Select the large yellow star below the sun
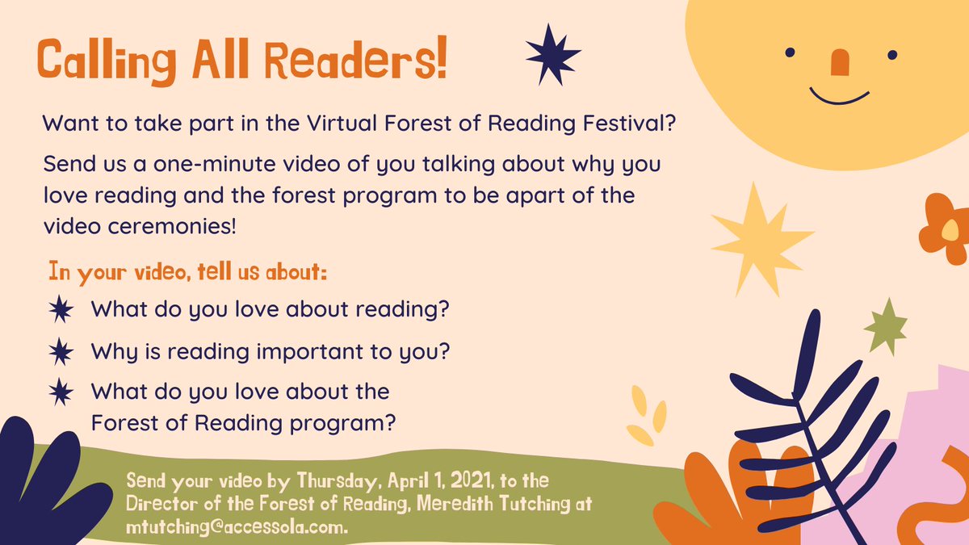(x=758, y=237)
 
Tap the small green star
(x=886, y=326)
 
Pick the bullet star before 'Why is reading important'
(x=61, y=352)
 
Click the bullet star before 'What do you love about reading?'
(x=61, y=309)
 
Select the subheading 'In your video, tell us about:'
(x=187, y=271)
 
